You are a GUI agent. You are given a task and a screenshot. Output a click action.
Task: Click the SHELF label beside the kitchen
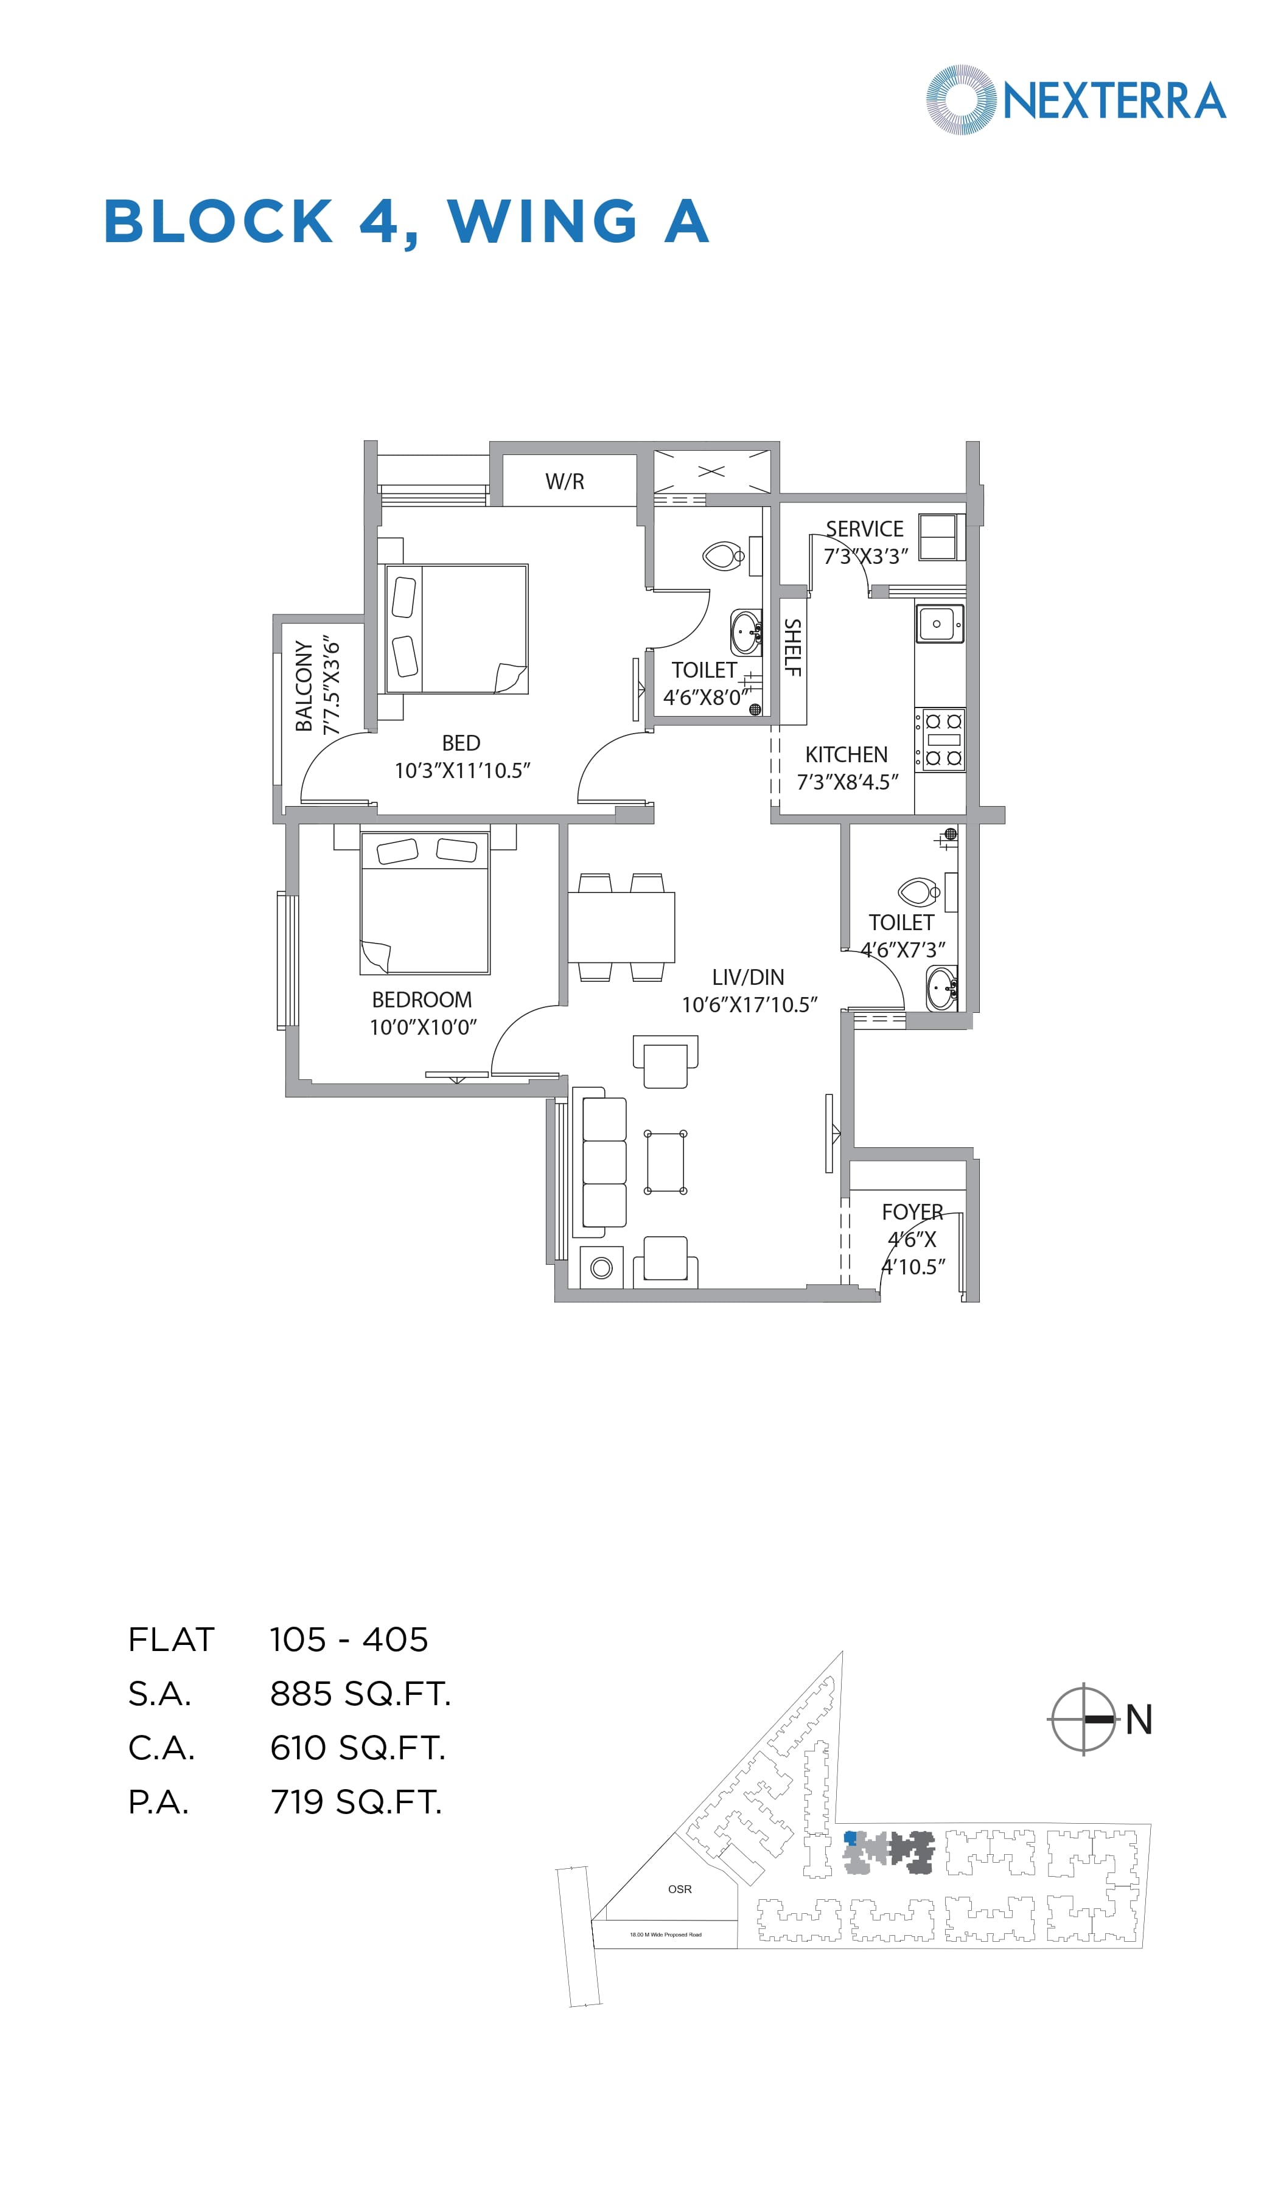point(792,647)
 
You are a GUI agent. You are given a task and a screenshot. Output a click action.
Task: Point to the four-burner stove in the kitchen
point(943,740)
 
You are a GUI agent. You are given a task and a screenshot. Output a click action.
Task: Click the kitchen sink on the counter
point(939,624)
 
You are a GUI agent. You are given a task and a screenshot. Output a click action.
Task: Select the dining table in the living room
point(621,926)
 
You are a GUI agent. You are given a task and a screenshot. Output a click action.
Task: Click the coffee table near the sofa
point(665,1162)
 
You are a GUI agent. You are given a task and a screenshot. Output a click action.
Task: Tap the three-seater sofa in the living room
point(603,1162)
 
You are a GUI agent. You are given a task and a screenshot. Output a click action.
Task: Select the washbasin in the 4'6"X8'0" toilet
point(745,632)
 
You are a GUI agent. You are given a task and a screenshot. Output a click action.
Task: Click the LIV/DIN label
point(748,977)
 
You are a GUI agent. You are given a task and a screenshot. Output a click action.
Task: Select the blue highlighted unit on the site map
point(850,1838)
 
